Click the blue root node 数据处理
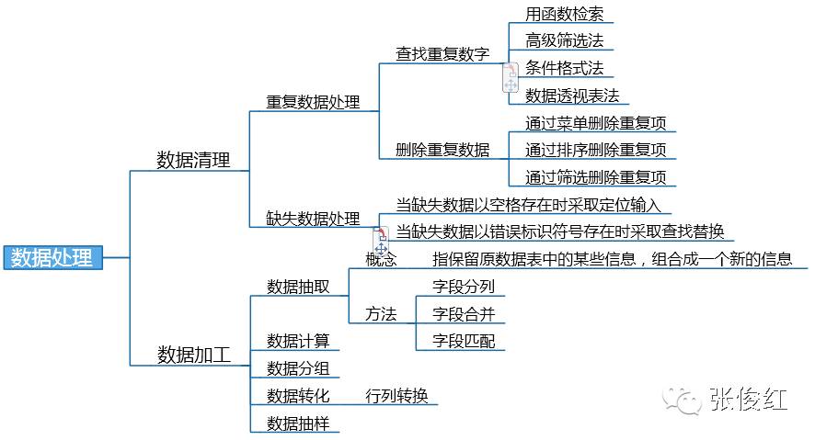pyautogui.click(x=52, y=258)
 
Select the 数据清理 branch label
pyautogui.click(x=193, y=159)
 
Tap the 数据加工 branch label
pyautogui.click(x=193, y=355)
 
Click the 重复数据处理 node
pyautogui.click(x=313, y=102)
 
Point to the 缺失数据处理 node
pyautogui.click(x=313, y=219)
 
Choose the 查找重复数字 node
pyautogui.click(x=442, y=54)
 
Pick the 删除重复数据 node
pyautogui.click(x=442, y=150)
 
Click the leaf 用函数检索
pyautogui.click(x=563, y=14)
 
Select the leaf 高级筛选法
pyautogui.click(x=563, y=40)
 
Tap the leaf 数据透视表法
pyautogui.click(x=572, y=96)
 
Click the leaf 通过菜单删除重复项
pyautogui.click(x=595, y=123)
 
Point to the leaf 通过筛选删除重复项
pyautogui.click(x=595, y=177)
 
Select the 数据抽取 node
pyautogui.click(x=297, y=287)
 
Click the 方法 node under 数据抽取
pyautogui.click(x=381, y=314)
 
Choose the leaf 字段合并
pyautogui.click(x=464, y=314)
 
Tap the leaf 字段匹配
pyautogui.click(x=464, y=341)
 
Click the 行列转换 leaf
pyautogui.click(x=396, y=396)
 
